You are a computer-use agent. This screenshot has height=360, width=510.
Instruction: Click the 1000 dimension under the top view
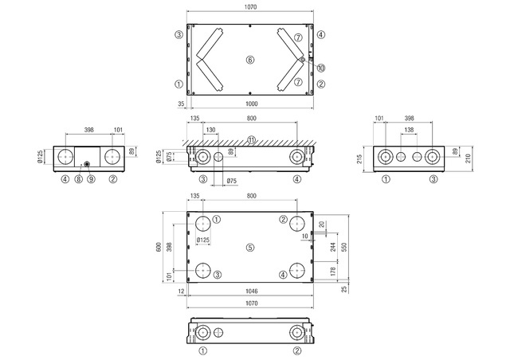(x=252, y=104)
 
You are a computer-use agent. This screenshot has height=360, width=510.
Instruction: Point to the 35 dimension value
(x=181, y=104)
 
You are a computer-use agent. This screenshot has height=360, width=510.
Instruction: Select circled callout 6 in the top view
(x=249, y=60)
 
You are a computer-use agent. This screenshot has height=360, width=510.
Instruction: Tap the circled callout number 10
(x=321, y=68)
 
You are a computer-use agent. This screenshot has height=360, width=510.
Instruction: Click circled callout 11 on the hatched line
(x=252, y=140)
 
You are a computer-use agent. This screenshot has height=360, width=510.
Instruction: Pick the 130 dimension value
(x=210, y=130)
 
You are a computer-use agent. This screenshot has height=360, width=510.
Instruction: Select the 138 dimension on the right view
(x=409, y=130)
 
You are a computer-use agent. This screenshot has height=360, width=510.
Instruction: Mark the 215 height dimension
(x=359, y=159)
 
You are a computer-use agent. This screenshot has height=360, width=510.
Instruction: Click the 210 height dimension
(x=469, y=158)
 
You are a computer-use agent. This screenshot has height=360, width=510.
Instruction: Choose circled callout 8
(x=78, y=179)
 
